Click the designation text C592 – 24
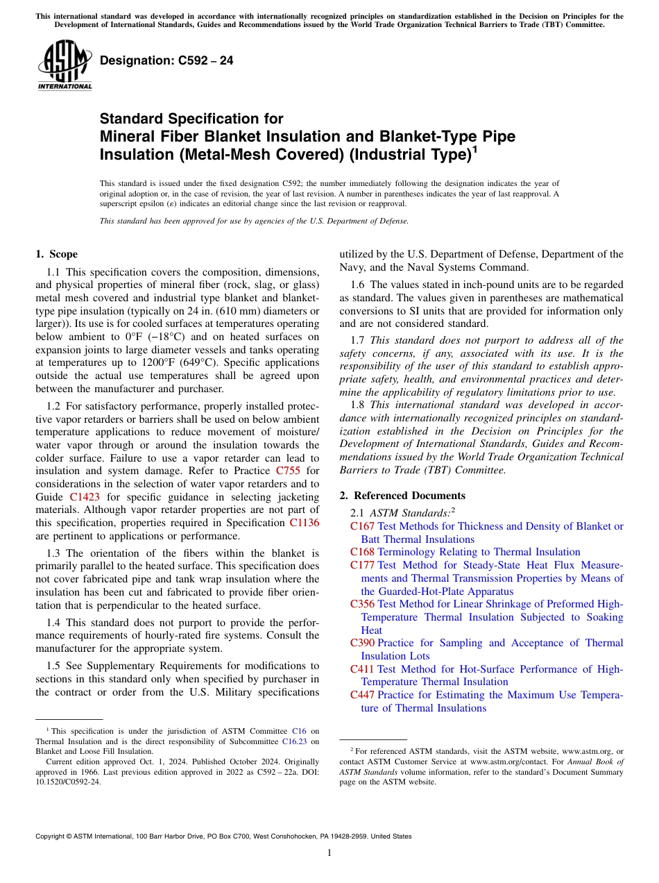(166, 60)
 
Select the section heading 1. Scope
(56, 254)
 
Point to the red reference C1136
(304, 523)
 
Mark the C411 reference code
(362, 669)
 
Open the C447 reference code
(362, 695)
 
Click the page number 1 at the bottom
(329, 853)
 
